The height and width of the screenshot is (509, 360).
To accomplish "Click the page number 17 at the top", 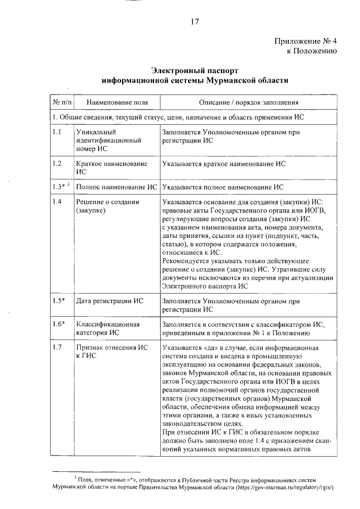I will [x=195, y=22].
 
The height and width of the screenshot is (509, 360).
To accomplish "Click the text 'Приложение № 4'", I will [x=305, y=41].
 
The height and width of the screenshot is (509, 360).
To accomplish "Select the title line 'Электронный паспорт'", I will [x=195, y=71].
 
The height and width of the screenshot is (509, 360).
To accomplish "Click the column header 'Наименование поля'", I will [x=113, y=102].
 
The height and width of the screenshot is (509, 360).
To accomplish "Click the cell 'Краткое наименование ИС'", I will [x=111, y=168].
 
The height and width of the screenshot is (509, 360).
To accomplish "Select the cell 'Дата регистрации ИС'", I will [x=110, y=301].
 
